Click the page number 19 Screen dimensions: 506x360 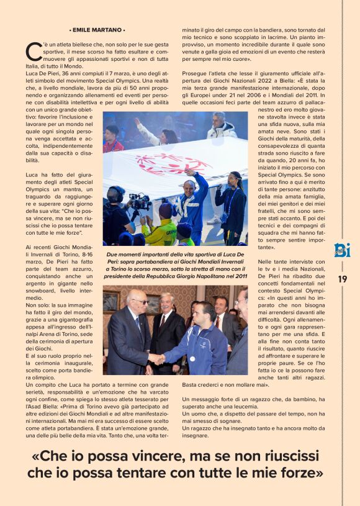(x=342, y=279)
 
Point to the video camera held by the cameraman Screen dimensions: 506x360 (x=139, y=201)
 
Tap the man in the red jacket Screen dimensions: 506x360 (x=112, y=140)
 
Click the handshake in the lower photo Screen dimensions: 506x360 (x=156, y=358)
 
